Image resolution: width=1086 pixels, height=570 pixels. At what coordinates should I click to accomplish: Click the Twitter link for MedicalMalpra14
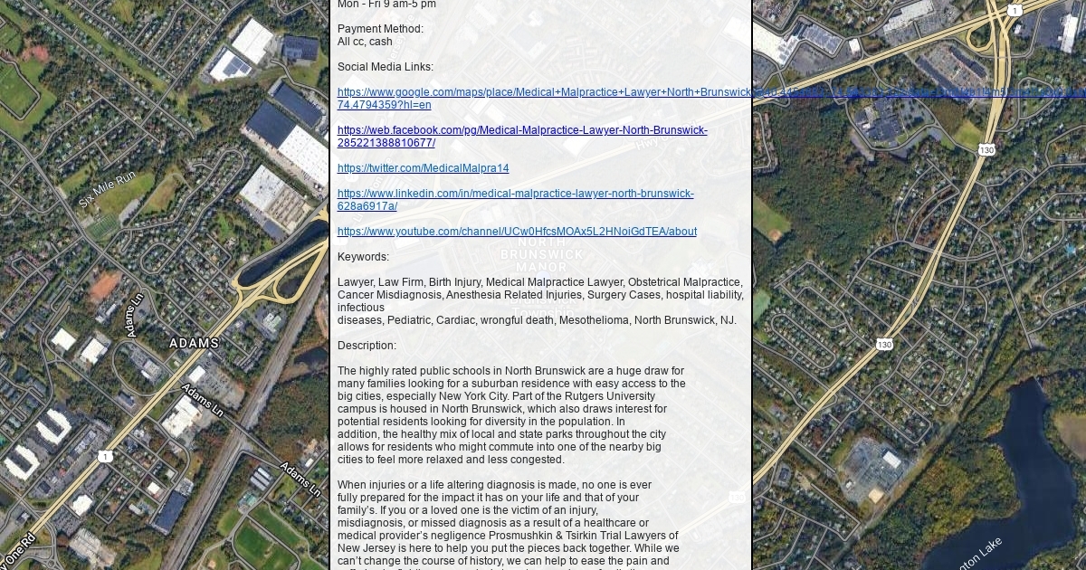pos(423,168)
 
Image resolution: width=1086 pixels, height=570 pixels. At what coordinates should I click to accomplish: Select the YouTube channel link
pos(517,232)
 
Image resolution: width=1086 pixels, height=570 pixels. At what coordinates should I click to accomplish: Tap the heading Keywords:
pos(363,257)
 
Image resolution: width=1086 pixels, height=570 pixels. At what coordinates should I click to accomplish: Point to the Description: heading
pos(367,346)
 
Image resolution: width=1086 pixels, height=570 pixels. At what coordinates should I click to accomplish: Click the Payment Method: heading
pos(380,29)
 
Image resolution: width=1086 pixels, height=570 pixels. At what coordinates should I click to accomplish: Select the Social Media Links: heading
pos(385,67)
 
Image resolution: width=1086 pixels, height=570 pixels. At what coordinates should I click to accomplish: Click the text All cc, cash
pos(365,42)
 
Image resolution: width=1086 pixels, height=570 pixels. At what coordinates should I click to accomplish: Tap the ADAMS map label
pos(194,344)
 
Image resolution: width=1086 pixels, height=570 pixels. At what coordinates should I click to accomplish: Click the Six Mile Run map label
pos(107,189)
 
